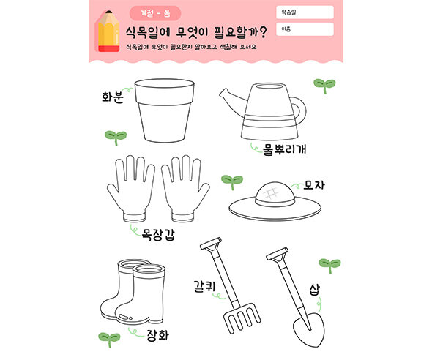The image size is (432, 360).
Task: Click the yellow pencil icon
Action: pyautogui.click(x=108, y=31)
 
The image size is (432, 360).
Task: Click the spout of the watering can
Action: pyautogui.click(x=233, y=99)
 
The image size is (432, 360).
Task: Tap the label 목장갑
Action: pyautogui.click(x=157, y=236)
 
